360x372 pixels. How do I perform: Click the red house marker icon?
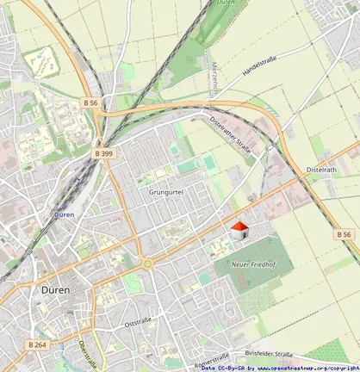[240, 229]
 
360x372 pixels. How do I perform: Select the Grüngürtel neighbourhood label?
[167, 192]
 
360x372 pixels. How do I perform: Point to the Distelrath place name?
[321, 170]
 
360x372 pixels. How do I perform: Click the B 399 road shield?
[103, 153]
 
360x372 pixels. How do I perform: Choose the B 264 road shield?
[36, 344]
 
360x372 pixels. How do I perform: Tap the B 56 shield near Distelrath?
[343, 234]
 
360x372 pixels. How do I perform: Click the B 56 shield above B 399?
[91, 102]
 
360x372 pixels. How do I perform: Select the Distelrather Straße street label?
[232, 135]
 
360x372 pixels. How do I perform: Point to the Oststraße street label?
[138, 322]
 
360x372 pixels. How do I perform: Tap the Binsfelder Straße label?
[269, 353]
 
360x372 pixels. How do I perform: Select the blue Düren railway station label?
[63, 214]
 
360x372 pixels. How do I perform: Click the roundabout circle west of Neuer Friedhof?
[147, 263]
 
